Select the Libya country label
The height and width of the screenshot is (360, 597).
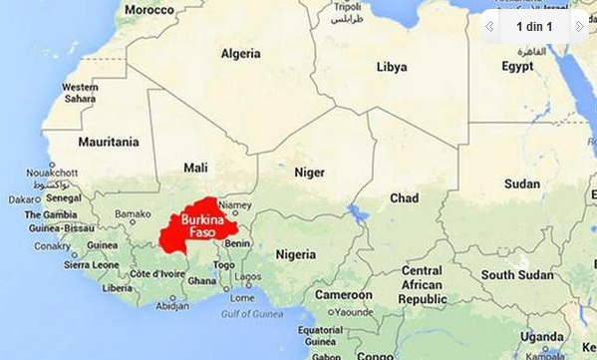coord(392,67)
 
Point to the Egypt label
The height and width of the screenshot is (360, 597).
coord(517,67)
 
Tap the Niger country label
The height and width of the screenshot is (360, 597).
coord(309,172)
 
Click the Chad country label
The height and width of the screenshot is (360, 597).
coord(404,198)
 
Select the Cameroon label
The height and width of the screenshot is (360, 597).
coord(344,295)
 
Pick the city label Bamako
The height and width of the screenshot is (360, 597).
coord(133,213)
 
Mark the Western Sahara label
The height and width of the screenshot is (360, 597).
coord(80,93)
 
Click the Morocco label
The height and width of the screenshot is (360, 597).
coord(149,9)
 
